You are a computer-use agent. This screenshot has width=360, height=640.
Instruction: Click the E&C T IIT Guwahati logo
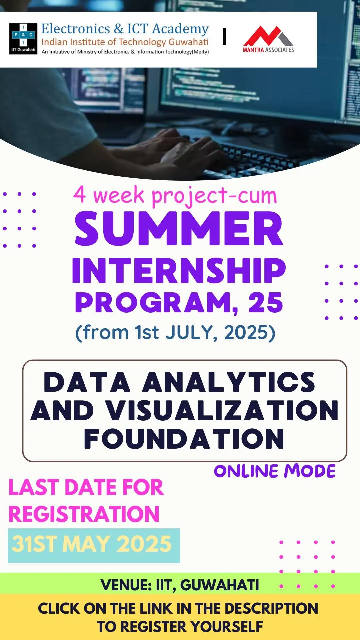(23, 39)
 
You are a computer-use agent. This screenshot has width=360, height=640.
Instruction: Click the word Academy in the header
(180, 29)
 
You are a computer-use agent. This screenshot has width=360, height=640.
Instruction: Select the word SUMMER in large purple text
(179, 229)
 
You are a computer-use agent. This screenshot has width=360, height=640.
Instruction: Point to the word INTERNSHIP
(179, 271)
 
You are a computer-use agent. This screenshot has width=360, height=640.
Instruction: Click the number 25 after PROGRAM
(266, 303)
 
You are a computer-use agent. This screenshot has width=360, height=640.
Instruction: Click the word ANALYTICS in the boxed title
(229, 382)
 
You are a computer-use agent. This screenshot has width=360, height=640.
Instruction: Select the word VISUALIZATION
(222, 411)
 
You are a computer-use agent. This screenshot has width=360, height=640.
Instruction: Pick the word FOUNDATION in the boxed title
(184, 439)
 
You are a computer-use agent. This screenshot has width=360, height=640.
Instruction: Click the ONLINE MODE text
(275, 471)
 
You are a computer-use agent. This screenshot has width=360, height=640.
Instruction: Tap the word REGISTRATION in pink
(84, 514)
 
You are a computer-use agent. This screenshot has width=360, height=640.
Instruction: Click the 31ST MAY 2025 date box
(94, 545)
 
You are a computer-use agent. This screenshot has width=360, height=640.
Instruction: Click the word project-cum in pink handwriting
(214, 196)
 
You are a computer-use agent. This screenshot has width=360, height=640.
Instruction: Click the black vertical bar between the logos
(224, 36)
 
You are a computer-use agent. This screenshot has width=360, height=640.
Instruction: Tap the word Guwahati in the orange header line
(188, 42)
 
